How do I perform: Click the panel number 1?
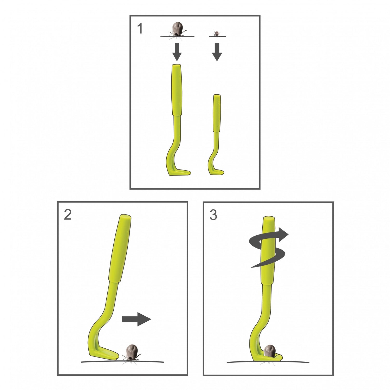(x=140, y=29)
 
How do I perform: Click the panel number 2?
(x=68, y=215)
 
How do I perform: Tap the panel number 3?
(x=213, y=215)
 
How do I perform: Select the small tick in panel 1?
(x=217, y=34)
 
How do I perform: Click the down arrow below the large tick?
(x=177, y=52)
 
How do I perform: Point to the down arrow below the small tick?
(x=217, y=52)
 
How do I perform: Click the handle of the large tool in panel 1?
(x=177, y=90)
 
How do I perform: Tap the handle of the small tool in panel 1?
(x=217, y=113)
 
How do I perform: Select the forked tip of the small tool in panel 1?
(x=217, y=172)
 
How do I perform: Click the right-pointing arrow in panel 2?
(x=136, y=319)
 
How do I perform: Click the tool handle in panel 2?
(x=120, y=248)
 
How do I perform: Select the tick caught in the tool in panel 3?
(x=270, y=351)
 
